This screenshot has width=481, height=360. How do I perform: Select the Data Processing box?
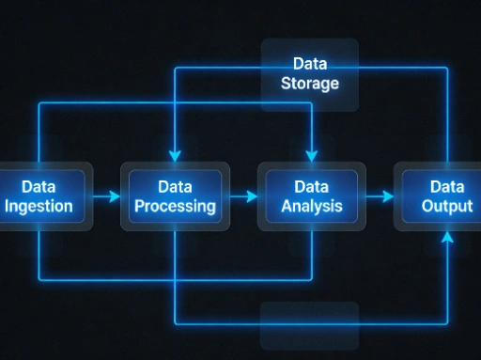click(175, 196)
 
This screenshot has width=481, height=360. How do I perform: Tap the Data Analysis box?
click(311, 196)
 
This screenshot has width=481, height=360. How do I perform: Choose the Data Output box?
click(445, 196)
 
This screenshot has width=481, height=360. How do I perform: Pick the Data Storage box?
click(309, 74)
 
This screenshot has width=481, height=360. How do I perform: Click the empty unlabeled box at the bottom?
click(309, 324)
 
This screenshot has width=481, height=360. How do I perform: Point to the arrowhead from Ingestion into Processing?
click(115, 196)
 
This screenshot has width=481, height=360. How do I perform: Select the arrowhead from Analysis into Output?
click(387, 196)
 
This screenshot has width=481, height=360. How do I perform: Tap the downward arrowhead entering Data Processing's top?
click(175, 155)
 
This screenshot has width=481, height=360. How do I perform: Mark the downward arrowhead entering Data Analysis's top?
click(311, 155)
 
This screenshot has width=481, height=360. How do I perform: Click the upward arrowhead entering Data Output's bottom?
click(447, 238)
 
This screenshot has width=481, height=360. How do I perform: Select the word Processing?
click(175, 207)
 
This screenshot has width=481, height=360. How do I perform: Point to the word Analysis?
click(311, 207)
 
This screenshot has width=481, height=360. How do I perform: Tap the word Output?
click(447, 207)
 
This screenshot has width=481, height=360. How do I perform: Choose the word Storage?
click(309, 84)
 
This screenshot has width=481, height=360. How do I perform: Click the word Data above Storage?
click(309, 64)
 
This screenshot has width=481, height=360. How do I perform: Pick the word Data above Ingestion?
click(39, 187)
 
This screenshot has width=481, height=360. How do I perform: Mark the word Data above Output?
click(447, 187)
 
